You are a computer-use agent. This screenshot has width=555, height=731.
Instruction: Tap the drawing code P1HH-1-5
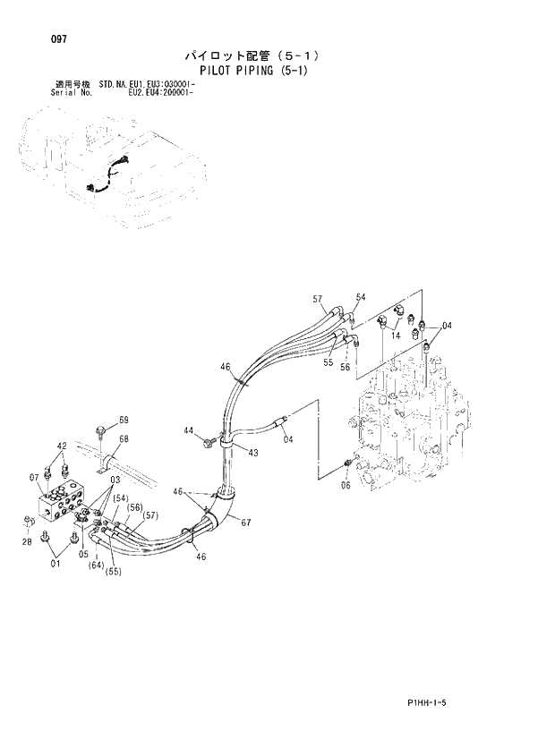(x=420, y=704)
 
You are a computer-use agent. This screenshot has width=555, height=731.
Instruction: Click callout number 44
(x=190, y=431)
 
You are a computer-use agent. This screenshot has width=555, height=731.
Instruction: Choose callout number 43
(x=253, y=453)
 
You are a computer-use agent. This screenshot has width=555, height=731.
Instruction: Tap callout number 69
(x=124, y=420)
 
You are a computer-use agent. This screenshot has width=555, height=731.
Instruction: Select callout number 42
(x=62, y=446)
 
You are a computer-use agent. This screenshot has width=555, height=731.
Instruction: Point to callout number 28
(x=26, y=541)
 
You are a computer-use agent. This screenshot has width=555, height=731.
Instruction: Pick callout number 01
(x=56, y=564)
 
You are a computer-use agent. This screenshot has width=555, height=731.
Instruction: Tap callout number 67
(x=245, y=523)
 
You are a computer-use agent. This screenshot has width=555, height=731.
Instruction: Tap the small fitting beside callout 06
(x=347, y=463)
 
